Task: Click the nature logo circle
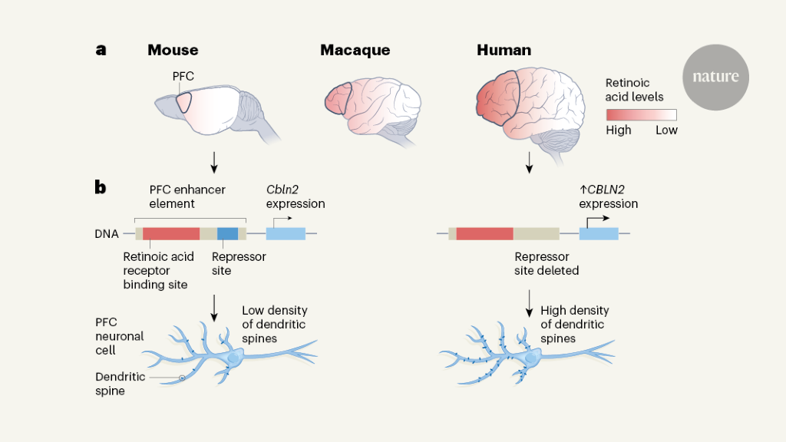[715, 77]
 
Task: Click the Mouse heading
[173, 51]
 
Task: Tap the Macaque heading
[355, 51]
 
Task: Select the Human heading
[504, 51]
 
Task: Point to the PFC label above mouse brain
[184, 76]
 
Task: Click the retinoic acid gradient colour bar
[642, 115]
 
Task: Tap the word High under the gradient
[619, 130]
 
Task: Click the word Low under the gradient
[666, 130]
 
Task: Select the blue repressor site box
[227, 233]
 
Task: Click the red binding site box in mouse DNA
[171, 233]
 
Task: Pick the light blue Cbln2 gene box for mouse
[286, 233]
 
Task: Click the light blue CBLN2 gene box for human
[599, 233]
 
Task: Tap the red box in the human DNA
[484, 233]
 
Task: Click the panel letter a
[101, 50]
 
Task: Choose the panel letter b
[101, 186]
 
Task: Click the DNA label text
[106, 233]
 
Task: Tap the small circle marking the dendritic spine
[182, 378]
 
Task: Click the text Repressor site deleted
[547, 263]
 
